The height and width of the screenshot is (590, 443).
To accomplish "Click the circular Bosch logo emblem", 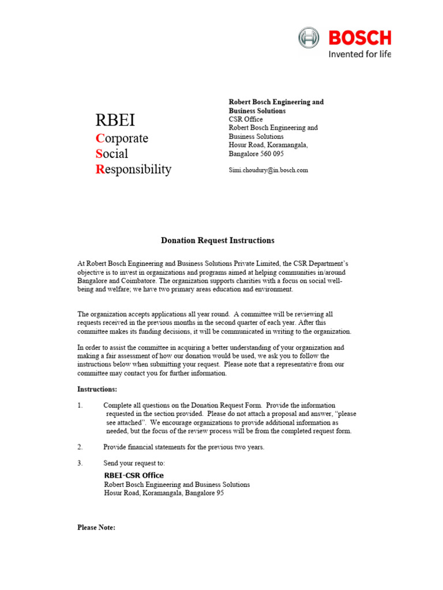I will [x=309, y=38].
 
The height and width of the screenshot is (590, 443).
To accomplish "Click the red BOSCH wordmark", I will [x=359, y=38].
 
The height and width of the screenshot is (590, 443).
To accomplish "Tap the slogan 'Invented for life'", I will [x=359, y=55].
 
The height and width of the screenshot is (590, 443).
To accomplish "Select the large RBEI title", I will [x=115, y=120].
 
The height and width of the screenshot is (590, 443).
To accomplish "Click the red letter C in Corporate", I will [x=99, y=138].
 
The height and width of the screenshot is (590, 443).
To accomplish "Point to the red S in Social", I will [x=99, y=154].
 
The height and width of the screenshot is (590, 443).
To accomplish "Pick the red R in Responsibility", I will [x=100, y=169].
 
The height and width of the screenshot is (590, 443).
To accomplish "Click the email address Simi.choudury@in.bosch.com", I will [x=268, y=170].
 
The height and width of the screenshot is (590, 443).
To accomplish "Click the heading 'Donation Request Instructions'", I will [x=217, y=240].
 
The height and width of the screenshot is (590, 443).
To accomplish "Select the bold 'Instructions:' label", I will [x=97, y=389].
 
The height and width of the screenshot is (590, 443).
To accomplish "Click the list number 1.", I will [x=80, y=406].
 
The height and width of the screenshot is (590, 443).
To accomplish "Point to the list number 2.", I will [x=80, y=447].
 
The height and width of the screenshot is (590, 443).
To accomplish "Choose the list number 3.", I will [x=80, y=463].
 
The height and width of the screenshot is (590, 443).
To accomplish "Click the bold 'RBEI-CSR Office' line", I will [x=134, y=475].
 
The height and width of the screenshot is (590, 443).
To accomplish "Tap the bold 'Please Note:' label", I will [x=96, y=527].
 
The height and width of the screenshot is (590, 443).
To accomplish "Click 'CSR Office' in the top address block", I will [x=246, y=119].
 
